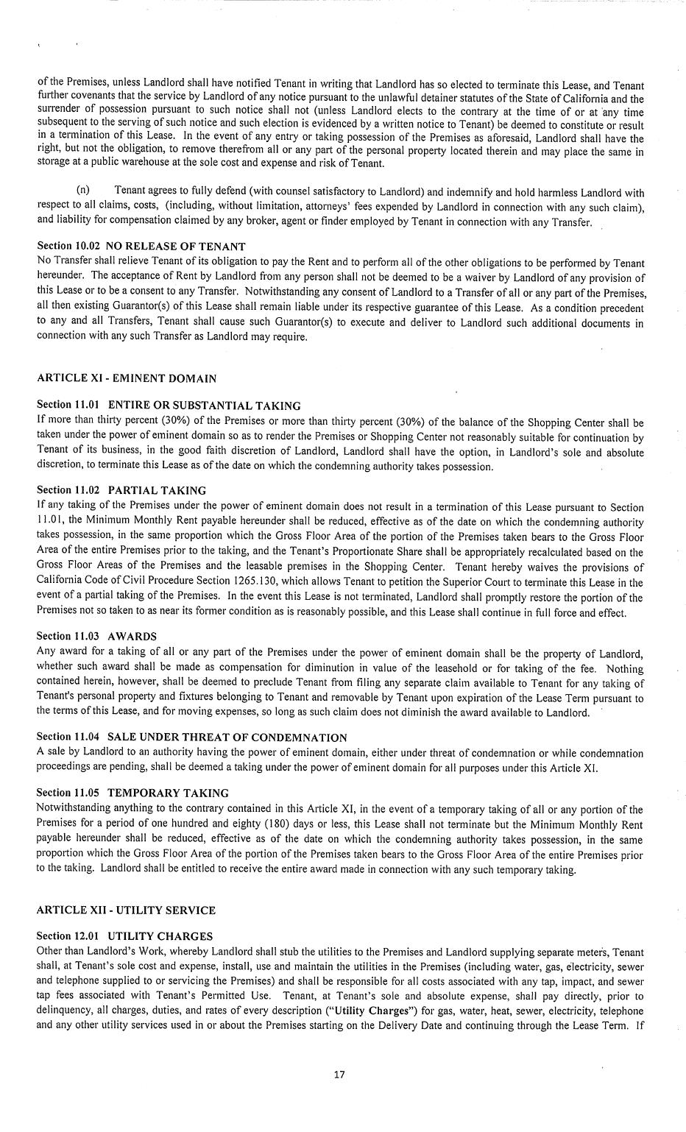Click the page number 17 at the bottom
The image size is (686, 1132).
(x=339, y=1075)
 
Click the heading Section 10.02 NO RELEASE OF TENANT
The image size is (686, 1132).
(x=141, y=246)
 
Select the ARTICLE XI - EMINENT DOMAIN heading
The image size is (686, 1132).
(x=126, y=378)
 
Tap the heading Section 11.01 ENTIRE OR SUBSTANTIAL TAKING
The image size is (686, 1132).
(x=169, y=406)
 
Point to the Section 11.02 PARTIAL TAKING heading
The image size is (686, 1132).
(x=121, y=490)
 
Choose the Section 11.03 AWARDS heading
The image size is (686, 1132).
(x=96, y=636)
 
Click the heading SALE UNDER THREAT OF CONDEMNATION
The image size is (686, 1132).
(x=227, y=737)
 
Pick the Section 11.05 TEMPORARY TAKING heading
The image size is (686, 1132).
(x=132, y=793)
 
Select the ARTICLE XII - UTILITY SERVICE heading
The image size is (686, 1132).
(x=126, y=910)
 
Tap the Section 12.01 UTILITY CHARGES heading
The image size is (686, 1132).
(x=124, y=936)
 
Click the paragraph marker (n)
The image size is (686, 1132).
(x=84, y=191)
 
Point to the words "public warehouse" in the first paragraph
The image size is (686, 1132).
(x=106, y=163)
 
